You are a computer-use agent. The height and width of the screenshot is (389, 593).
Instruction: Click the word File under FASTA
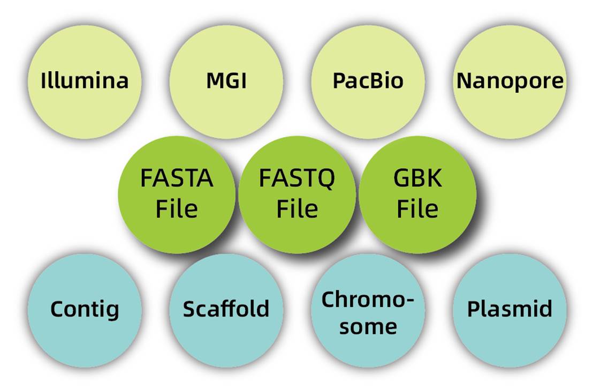(177, 208)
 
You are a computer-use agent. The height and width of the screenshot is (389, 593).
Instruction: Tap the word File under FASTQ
(297, 208)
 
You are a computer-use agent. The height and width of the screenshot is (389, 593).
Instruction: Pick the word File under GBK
(418, 208)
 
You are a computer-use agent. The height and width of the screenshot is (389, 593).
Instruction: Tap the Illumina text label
(85, 81)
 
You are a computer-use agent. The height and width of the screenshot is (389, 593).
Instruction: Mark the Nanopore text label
(510, 81)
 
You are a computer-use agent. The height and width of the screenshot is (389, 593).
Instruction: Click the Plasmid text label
(510, 309)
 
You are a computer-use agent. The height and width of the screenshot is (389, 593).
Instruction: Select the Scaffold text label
(226, 309)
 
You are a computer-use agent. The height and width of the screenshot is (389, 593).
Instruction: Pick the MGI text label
(227, 81)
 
